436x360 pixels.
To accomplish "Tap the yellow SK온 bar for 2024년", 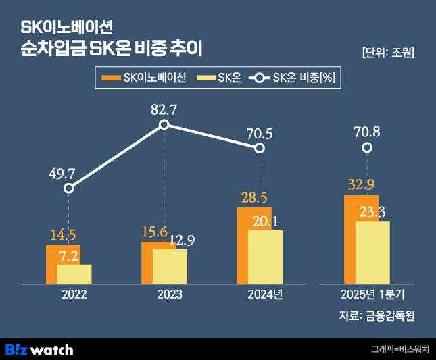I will point(265,257).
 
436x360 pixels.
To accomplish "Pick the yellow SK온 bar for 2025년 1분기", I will point(372,252).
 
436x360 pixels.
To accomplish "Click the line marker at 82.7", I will point(164,125).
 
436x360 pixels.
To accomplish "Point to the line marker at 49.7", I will point(68,188).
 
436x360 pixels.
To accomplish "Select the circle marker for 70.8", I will point(366,147).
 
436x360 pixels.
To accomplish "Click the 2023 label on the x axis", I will point(169,295).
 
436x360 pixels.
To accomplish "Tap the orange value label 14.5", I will point(63,234).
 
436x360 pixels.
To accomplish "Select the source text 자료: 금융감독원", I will point(377,316).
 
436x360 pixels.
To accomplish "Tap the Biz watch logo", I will point(39,349).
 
